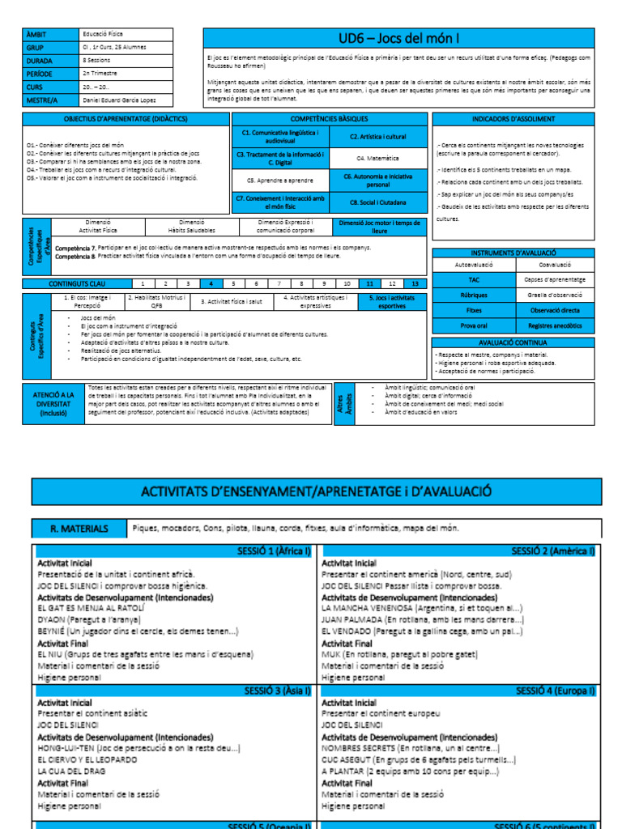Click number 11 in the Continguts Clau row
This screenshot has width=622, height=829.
click(x=370, y=284)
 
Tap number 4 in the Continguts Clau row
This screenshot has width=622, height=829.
click(x=211, y=284)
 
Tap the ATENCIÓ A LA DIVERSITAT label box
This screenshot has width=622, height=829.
click(x=53, y=403)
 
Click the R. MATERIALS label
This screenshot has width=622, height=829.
click(x=80, y=529)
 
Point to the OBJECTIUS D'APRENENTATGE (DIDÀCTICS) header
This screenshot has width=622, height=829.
click(x=126, y=119)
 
